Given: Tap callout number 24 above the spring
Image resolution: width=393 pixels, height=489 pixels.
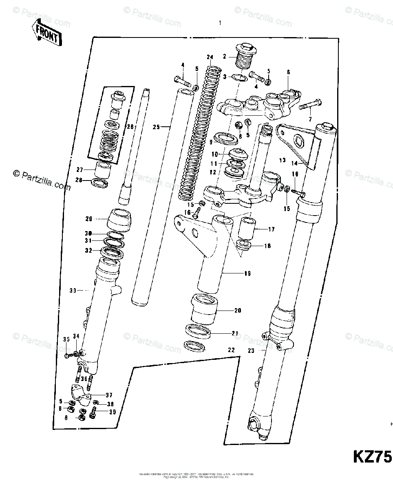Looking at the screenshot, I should [210, 57].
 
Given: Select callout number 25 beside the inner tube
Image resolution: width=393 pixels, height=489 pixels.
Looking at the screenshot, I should [156, 127].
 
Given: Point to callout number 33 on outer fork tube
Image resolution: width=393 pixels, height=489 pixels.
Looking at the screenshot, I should [73, 291].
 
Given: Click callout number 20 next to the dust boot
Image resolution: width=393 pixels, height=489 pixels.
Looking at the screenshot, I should [238, 311].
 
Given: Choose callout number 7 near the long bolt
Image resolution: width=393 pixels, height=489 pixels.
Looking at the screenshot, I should [309, 119].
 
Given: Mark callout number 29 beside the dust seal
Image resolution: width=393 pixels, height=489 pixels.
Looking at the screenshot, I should [89, 219].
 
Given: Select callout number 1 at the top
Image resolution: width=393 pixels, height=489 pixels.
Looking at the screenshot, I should [220, 23].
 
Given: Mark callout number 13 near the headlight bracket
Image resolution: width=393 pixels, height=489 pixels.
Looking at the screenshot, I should [283, 160].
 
